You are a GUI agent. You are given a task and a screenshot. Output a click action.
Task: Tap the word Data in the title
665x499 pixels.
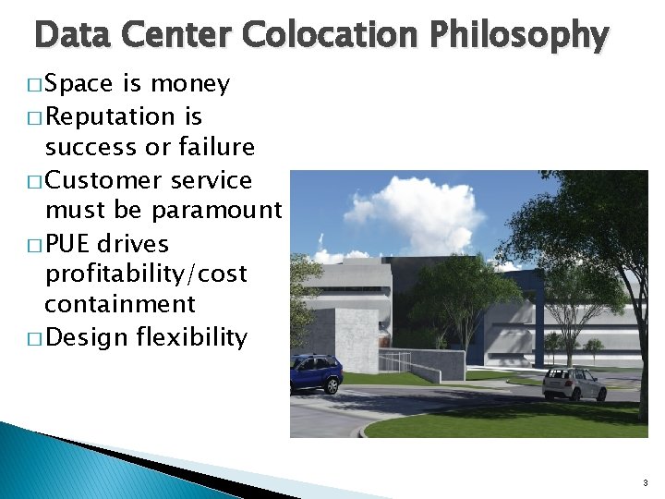pos(71,35)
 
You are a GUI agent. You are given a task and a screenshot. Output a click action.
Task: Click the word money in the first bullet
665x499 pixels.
pos(189,84)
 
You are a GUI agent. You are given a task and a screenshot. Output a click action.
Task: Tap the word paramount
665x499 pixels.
pos(216,211)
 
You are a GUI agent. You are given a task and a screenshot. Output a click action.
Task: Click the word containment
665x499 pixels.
pos(120,304)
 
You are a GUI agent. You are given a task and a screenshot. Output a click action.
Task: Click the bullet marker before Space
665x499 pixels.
pos(35,85)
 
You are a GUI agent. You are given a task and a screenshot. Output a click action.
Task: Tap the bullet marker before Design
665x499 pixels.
pos(35,338)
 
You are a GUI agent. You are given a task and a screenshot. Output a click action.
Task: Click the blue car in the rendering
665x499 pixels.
pos(316,372)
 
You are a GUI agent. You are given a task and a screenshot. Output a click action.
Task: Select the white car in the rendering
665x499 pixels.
pos(574,383)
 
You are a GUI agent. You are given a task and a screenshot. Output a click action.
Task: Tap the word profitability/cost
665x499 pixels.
pos(146,274)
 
